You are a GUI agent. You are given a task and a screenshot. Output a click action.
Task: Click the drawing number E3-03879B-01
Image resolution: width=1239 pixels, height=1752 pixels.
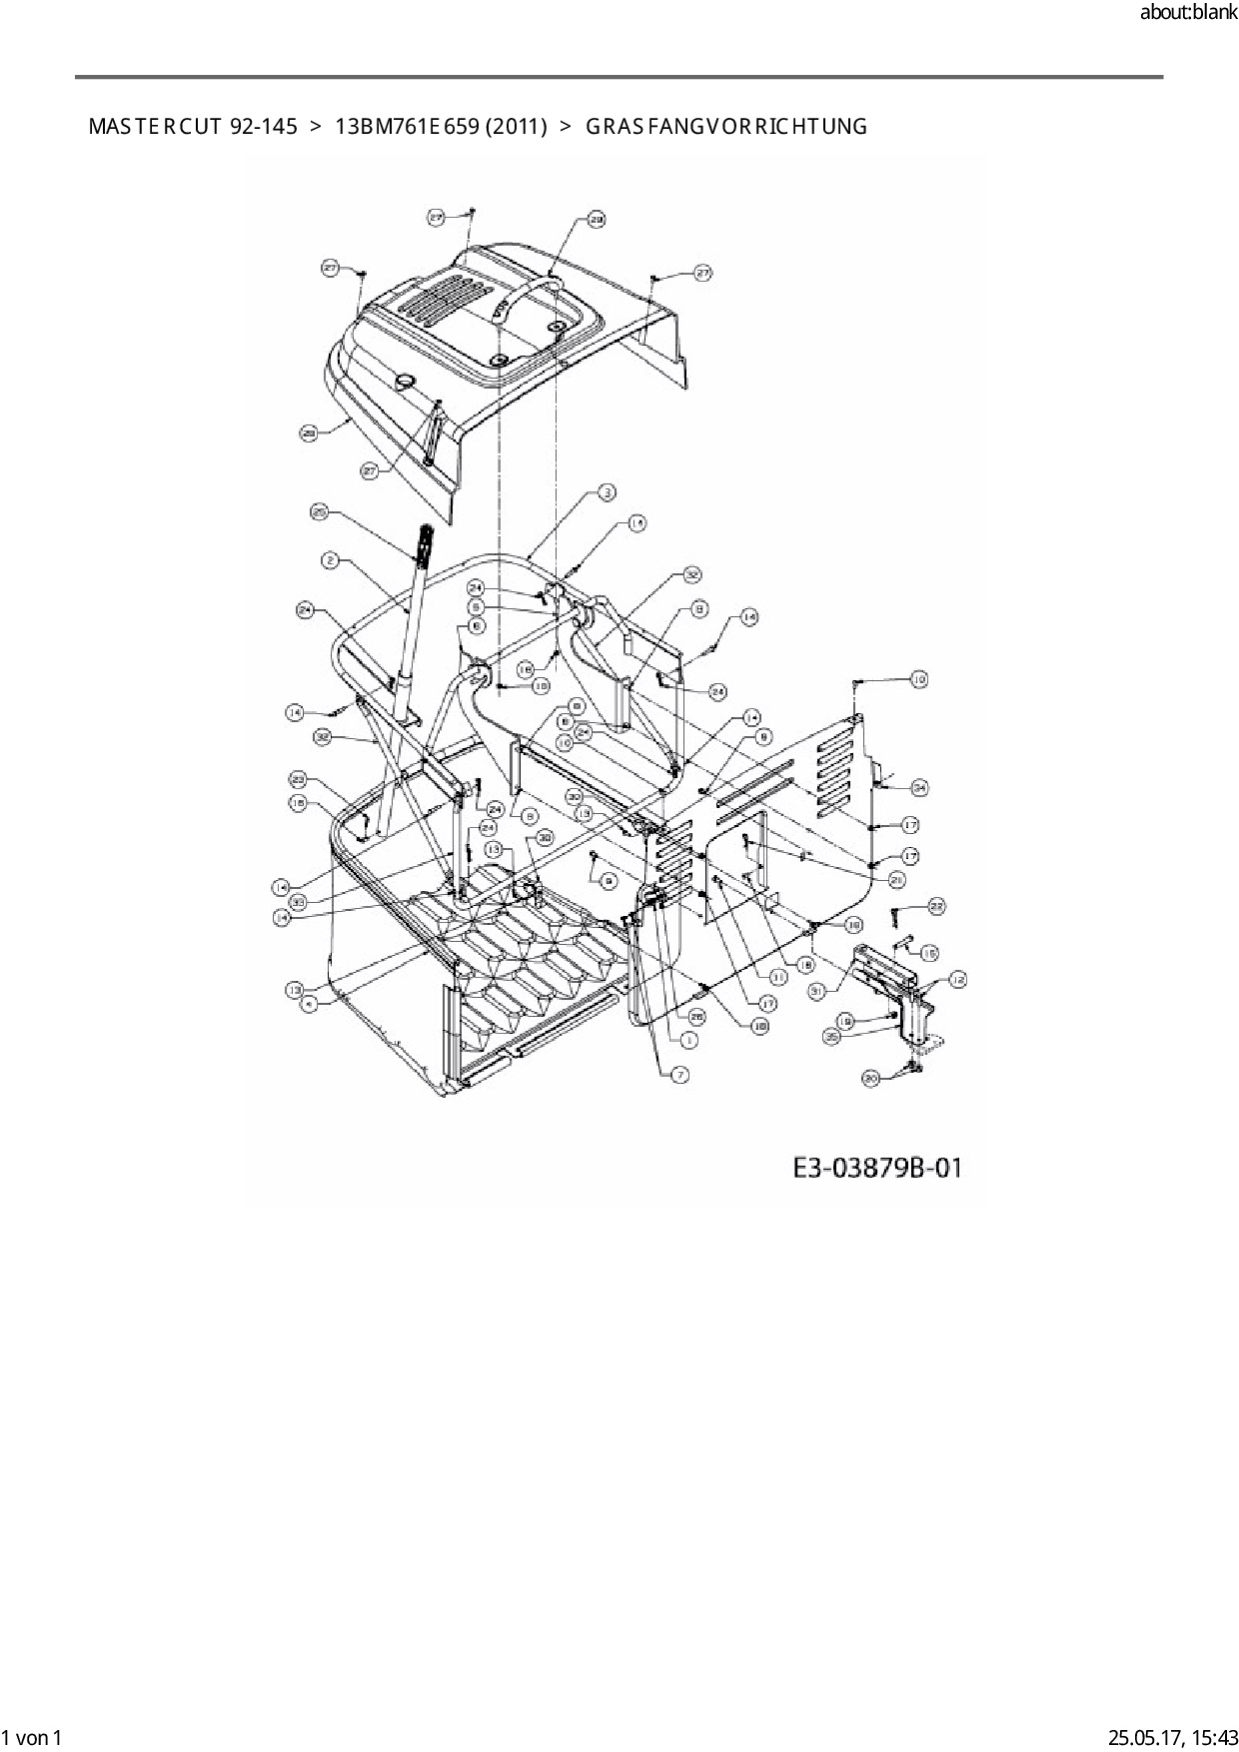point(877,1167)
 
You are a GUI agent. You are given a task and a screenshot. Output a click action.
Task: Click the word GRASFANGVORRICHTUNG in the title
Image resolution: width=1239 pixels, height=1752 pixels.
point(725,127)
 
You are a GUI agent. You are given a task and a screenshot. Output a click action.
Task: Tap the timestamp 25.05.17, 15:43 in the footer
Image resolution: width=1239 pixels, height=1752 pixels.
point(1170,1737)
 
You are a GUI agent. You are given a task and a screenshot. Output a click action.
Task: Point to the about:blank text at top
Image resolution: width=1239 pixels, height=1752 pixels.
point(1188,13)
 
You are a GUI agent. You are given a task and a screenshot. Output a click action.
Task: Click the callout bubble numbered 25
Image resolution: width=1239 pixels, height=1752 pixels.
point(320,512)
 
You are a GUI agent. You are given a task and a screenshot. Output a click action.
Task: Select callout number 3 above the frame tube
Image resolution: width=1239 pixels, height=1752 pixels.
point(607,491)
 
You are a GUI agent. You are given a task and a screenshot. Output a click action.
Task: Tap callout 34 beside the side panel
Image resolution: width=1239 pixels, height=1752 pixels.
point(919,788)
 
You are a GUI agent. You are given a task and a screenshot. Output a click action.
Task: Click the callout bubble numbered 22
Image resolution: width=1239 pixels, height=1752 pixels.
point(936,906)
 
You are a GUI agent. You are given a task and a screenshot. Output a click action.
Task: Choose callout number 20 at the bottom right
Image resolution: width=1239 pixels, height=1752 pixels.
point(870,1078)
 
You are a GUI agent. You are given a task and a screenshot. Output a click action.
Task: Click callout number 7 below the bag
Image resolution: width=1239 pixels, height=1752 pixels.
point(678,1075)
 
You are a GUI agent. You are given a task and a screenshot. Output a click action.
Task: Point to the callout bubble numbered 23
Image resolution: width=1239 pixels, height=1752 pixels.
point(298,779)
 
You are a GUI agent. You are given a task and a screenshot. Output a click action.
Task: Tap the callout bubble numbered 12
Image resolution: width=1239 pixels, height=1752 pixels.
point(957,980)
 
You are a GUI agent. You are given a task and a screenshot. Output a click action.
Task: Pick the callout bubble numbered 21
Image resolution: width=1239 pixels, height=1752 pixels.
point(896,880)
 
